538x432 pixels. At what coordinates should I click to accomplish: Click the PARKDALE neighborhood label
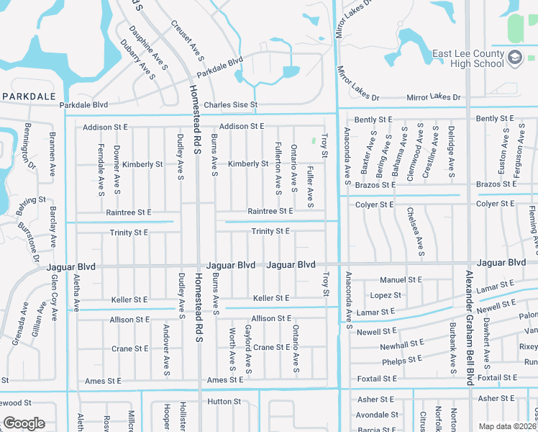click(x=29, y=96)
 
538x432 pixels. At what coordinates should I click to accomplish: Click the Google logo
click(x=24, y=423)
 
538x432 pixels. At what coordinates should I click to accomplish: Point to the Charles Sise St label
click(x=230, y=105)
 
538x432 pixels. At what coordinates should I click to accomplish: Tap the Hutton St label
click(x=224, y=401)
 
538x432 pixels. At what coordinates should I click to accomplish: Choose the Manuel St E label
click(x=401, y=279)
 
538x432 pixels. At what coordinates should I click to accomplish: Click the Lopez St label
click(x=386, y=295)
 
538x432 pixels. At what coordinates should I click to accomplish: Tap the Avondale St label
click(x=377, y=415)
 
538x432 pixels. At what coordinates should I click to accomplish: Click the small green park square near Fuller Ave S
click(x=313, y=141)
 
